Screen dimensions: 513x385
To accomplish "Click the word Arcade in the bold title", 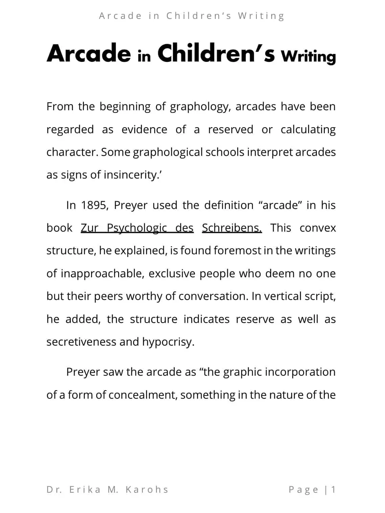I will [x=89, y=53].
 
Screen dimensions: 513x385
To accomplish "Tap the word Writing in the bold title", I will [x=308, y=56].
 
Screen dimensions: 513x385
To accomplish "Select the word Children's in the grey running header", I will [x=199, y=16].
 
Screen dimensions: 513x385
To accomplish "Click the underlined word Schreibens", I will [x=232, y=228].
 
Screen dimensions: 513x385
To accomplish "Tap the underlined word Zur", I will [x=89, y=228].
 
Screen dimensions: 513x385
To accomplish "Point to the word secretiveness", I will [x=81, y=342].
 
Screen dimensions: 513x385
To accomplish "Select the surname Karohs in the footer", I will [x=147, y=490].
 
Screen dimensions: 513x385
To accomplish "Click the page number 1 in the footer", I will [x=333, y=490].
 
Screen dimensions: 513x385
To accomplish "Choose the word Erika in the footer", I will [x=85, y=490].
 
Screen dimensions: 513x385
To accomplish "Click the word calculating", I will [x=308, y=130].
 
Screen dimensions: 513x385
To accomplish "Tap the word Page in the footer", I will [x=303, y=490].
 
